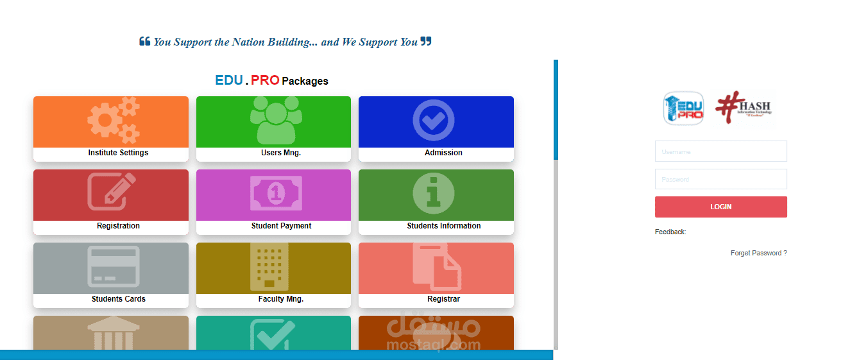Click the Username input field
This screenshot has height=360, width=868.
pos(720,151)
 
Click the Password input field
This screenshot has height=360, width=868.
pos(720,179)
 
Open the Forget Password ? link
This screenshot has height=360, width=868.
pos(758,253)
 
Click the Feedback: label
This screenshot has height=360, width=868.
pos(670,232)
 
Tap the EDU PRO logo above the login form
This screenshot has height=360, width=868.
pos(683,108)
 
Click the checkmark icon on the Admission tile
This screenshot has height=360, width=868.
pos(434,120)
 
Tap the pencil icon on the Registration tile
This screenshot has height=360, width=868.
pos(112,191)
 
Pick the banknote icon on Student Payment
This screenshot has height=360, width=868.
pos(276,193)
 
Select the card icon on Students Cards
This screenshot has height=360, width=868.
pos(113,266)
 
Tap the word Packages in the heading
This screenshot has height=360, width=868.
pos(305,81)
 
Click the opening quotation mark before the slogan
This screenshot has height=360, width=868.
pos(144,42)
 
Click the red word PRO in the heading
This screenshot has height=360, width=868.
pos(265,80)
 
